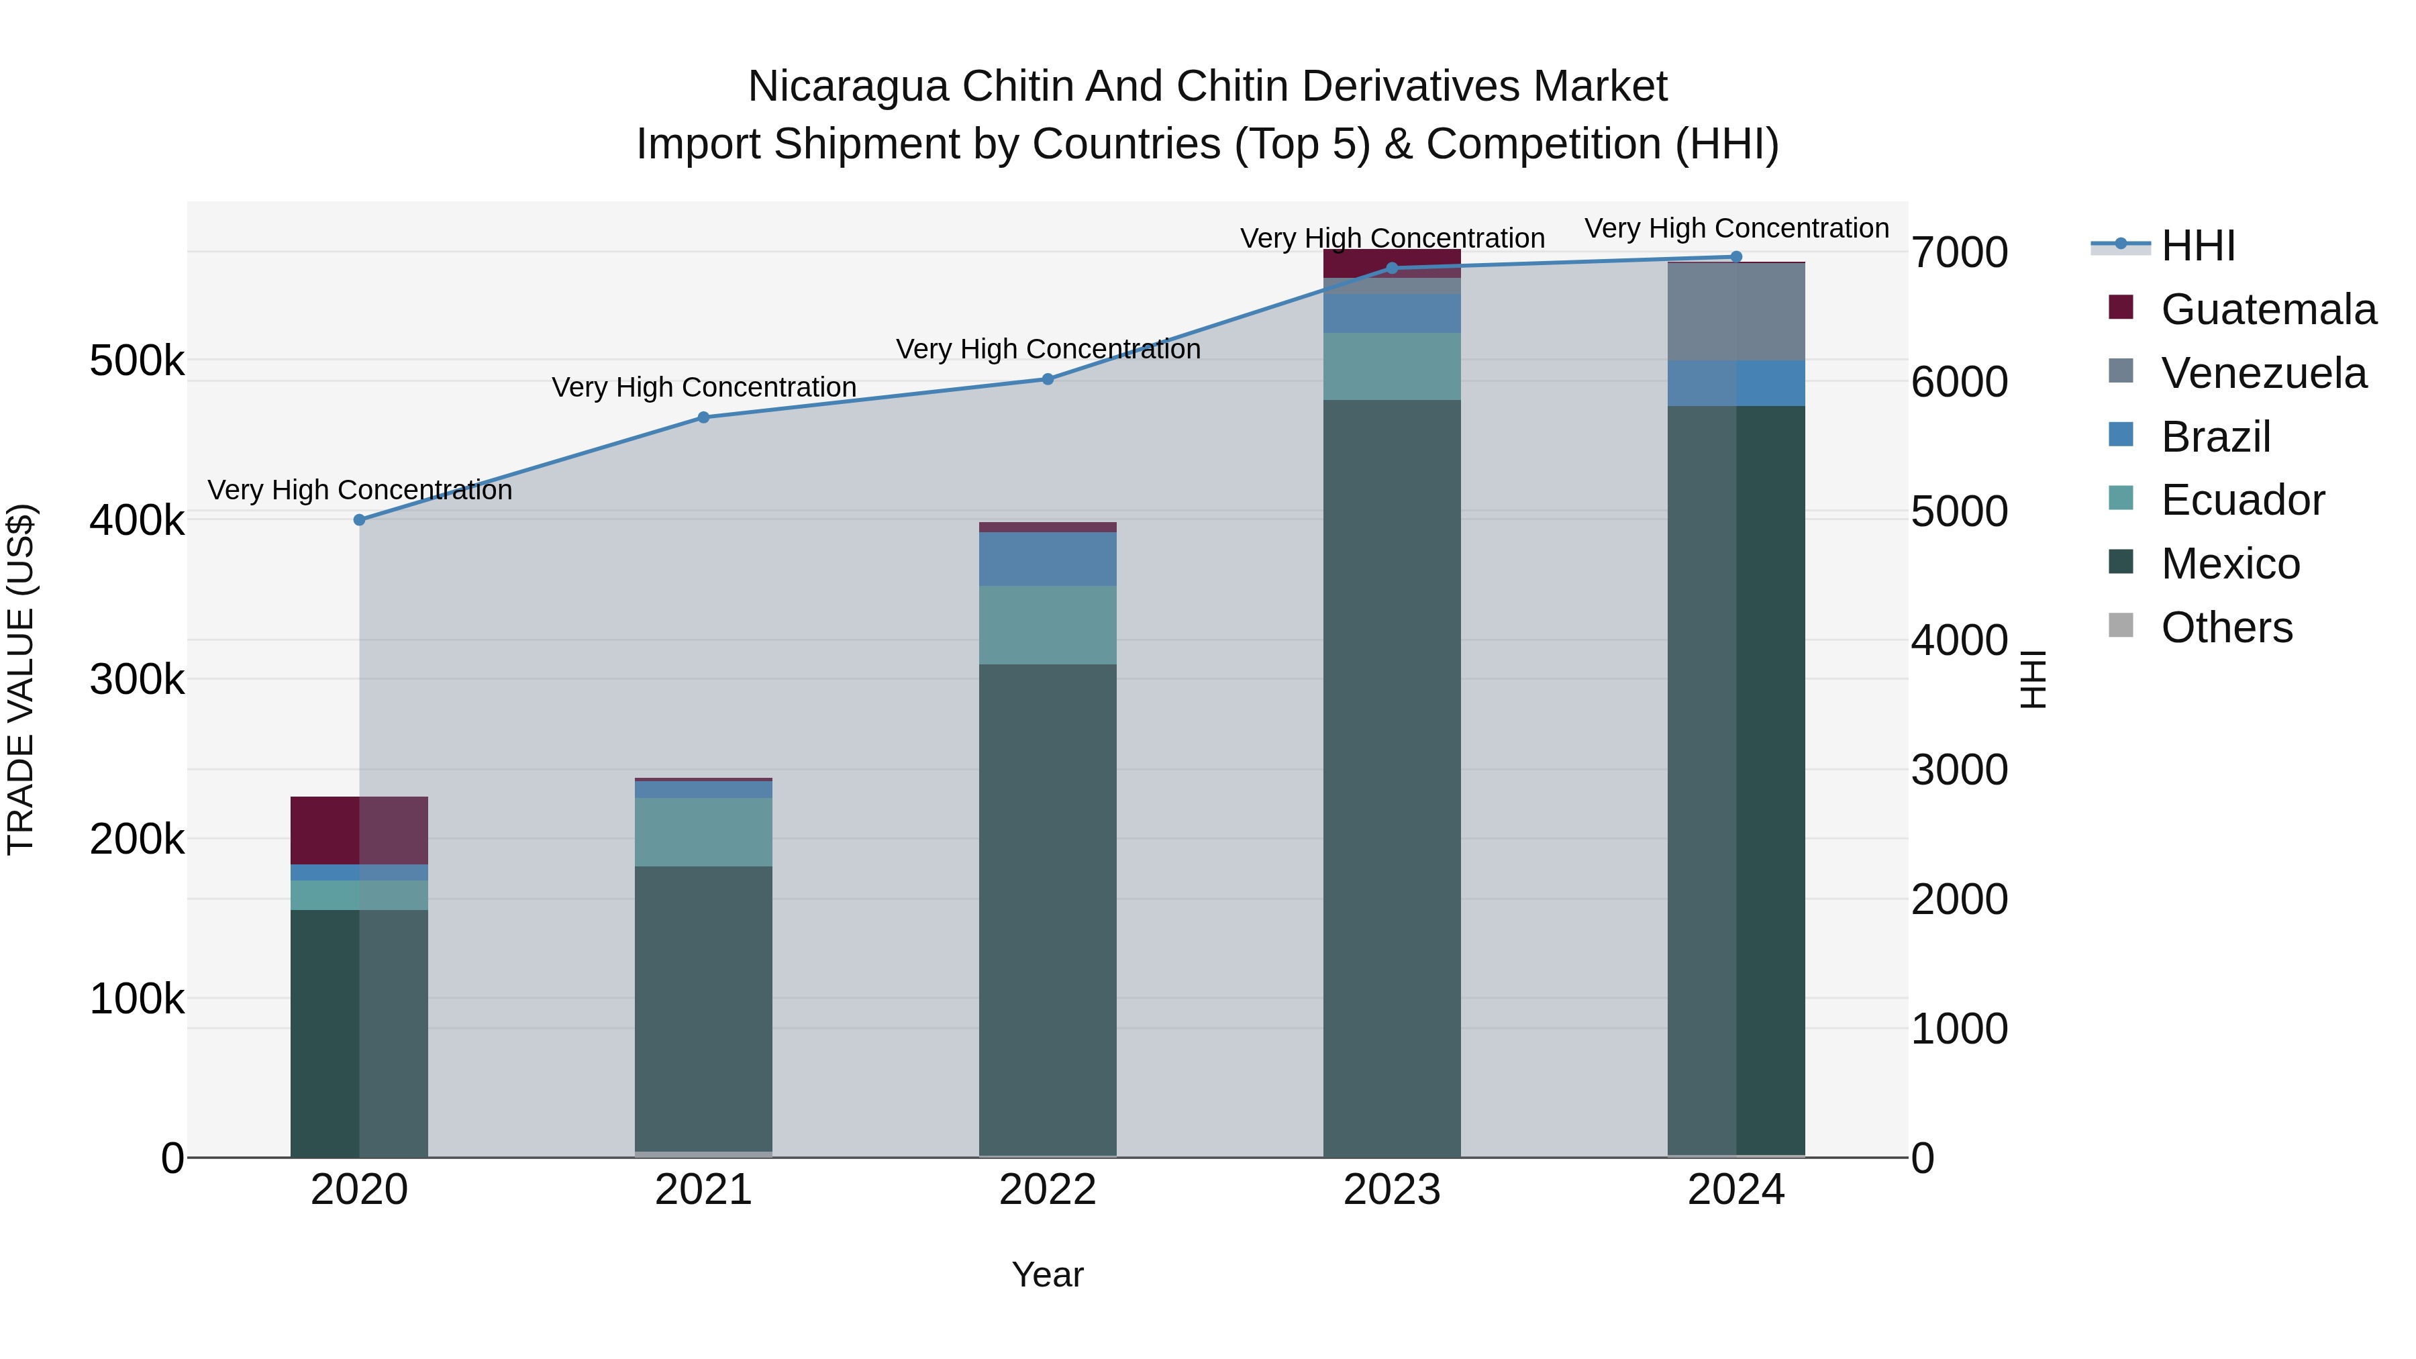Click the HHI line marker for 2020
pyautogui.click(x=359, y=519)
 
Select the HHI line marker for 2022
pyautogui.click(x=1048, y=379)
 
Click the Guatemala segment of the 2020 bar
pyautogui.click(x=359, y=830)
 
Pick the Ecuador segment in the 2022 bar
pyautogui.click(x=1048, y=625)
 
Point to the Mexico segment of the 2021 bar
pyautogui.click(x=703, y=1008)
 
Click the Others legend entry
pyautogui.click(x=2227, y=627)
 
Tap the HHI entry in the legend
pyautogui.click(x=2197, y=246)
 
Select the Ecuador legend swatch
pyautogui.click(x=2121, y=499)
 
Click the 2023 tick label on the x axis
pyautogui.click(x=1392, y=1190)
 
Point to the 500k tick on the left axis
pyautogui.click(x=137, y=360)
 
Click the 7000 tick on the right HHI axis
pyautogui.click(x=1959, y=252)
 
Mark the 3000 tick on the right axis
pyautogui.click(x=1959, y=770)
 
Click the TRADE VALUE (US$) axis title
pyautogui.click(x=21, y=679)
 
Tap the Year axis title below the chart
pyautogui.click(x=1048, y=1274)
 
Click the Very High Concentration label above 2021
pyautogui.click(x=703, y=387)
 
